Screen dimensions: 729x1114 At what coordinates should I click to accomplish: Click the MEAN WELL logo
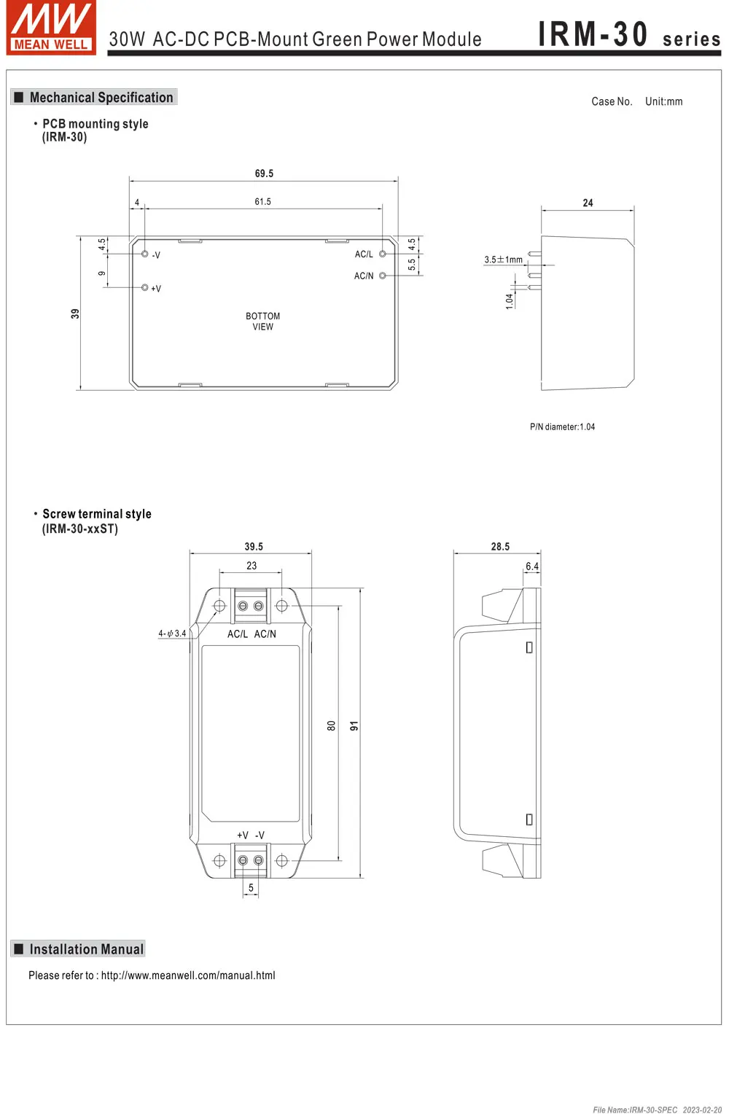[x=51, y=27]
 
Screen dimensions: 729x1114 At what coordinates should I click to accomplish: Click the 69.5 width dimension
[x=264, y=174]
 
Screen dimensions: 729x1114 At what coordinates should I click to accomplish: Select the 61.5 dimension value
[x=262, y=201]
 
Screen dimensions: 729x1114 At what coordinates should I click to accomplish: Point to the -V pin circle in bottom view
[x=144, y=254]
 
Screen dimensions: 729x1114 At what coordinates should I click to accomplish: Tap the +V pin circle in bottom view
[x=144, y=287]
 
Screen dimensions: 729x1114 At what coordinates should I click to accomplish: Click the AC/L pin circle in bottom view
[x=383, y=254]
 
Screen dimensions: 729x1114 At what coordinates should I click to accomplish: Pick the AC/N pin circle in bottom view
[x=383, y=276]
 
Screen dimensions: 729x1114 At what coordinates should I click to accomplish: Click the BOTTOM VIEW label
[x=262, y=322]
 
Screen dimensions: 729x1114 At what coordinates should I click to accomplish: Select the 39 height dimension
[x=75, y=313]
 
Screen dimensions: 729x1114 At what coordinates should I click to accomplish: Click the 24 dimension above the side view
[x=588, y=203]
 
